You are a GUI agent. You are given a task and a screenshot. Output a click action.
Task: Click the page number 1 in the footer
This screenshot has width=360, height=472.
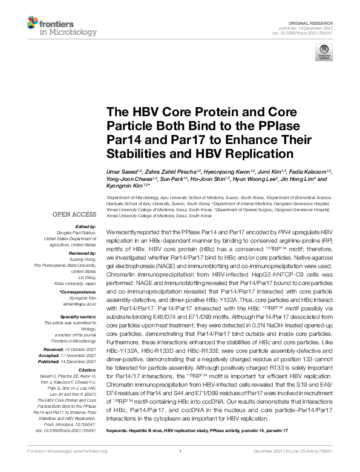tap(180, 468)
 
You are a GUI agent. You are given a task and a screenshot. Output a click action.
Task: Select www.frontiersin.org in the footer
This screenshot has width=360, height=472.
tap(91, 468)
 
